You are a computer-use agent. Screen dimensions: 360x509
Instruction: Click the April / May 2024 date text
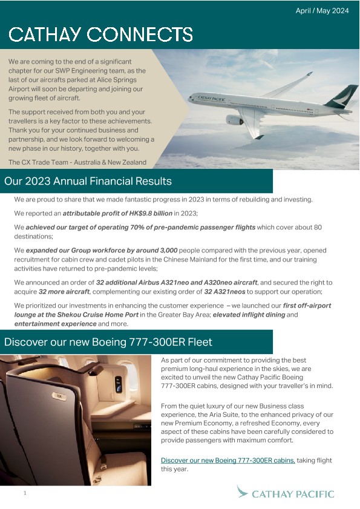click(322, 11)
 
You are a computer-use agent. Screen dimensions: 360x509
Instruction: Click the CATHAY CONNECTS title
click(101, 34)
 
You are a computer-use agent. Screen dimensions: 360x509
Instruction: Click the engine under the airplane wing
click(235, 119)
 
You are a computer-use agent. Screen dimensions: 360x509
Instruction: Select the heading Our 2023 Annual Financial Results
click(88, 181)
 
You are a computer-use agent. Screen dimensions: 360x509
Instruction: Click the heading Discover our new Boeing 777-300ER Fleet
click(108, 342)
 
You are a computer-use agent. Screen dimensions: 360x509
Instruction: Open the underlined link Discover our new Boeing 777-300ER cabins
click(227, 461)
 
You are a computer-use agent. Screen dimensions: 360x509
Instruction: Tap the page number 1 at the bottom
click(25, 494)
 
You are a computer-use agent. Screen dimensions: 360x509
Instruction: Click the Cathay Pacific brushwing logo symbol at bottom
click(243, 492)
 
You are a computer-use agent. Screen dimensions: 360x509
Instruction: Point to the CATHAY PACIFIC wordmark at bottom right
click(293, 494)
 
